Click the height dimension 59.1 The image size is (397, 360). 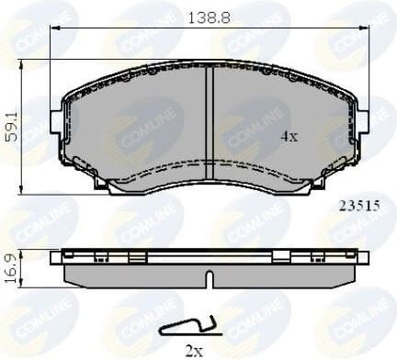[x=12, y=122]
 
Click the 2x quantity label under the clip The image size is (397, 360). [x=194, y=350]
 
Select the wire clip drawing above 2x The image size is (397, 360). [x=189, y=324]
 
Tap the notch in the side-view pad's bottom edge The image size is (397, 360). [x=210, y=276]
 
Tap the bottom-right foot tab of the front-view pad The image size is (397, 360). [x=304, y=187]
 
